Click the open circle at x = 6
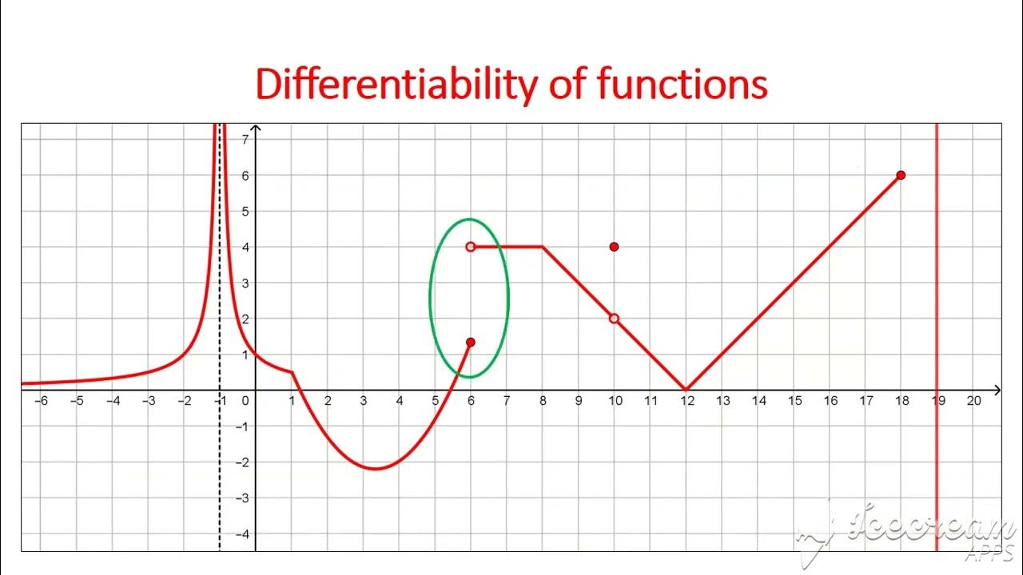pyautogui.click(x=471, y=247)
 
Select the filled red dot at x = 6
pyautogui.click(x=471, y=343)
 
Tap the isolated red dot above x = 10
pyautogui.click(x=614, y=247)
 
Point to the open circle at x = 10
pyautogui.click(x=614, y=319)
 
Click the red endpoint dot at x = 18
pyautogui.click(x=901, y=175)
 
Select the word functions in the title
pyautogui.click(x=683, y=85)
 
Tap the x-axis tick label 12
pyautogui.click(x=687, y=401)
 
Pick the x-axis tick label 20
pyautogui.click(x=973, y=401)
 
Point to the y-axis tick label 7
pyautogui.click(x=245, y=140)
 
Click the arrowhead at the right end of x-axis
pyautogui.click(x=997, y=390)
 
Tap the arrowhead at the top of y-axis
pyautogui.click(x=256, y=129)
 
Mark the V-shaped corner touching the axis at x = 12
pyautogui.click(x=686, y=390)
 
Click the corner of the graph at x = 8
pyautogui.click(x=543, y=247)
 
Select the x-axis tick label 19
pyautogui.click(x=938, y=401)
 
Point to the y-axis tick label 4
pyautogui.click(x=245, y=248)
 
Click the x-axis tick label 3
pyautogui.click(x=364, y=401)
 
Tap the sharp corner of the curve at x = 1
pyautogui.click(x=293, y=372)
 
